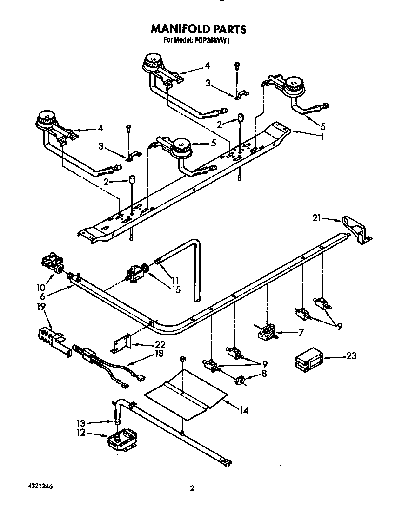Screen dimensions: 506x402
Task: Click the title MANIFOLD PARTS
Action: tap(198, 29)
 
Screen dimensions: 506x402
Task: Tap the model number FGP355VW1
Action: tap(211, 40)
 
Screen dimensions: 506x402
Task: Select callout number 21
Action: tap(317, 217)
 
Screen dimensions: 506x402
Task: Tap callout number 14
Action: tap(244, 410)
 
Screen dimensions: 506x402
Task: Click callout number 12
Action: tap(81, 433)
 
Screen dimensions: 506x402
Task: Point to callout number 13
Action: tap(81, 423)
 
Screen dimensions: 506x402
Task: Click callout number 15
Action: tap(175, 290)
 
